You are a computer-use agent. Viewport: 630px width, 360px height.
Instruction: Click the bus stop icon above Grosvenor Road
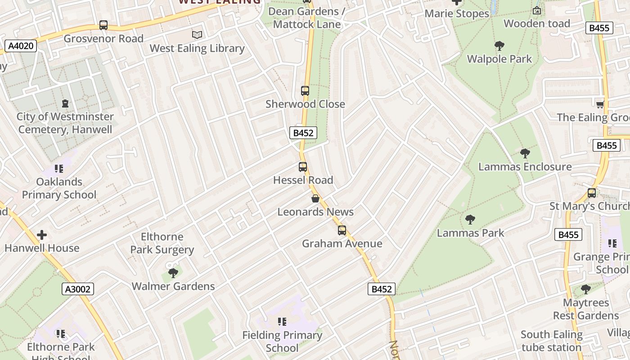(x=103, y=25)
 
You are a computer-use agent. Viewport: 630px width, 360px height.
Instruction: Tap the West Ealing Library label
(x=197, y=48)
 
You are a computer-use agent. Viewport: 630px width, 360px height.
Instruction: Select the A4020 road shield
(x=21, y=45)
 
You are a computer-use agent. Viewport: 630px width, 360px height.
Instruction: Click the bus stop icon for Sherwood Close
(x=305, y=91)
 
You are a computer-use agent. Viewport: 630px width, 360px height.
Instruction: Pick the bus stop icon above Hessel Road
(x=303, y=167)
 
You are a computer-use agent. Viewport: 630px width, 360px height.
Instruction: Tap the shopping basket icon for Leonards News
(x=315, y=198)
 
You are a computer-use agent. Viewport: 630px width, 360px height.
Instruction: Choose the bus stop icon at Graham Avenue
(x=342, y=230)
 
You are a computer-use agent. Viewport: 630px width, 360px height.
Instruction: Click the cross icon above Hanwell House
(x=42, y=235)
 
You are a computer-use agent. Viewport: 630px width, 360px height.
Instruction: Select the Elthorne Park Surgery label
(x=162, y=243)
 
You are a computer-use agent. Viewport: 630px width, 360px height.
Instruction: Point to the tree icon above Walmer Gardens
(x=173, y=273)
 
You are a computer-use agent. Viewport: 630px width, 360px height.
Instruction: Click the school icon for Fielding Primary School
(x=282, y=322)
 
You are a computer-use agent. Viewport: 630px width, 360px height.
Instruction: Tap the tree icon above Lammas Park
(x=470, y=220)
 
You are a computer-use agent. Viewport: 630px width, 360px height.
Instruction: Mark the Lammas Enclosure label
(x=525, y=166)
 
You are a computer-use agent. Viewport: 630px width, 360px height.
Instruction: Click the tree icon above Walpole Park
(x=499, y=45)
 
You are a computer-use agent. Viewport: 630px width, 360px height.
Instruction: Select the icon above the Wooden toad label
(x=537, y=10)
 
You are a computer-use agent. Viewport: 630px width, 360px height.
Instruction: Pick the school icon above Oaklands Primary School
(x=59, y=169)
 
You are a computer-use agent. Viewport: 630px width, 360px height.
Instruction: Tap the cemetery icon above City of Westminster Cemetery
(x=65, y=103)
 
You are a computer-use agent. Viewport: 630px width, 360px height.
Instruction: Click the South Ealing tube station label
(x=551, y=341)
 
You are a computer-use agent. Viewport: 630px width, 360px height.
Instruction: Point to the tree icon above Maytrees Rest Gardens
(x=585, y=289)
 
